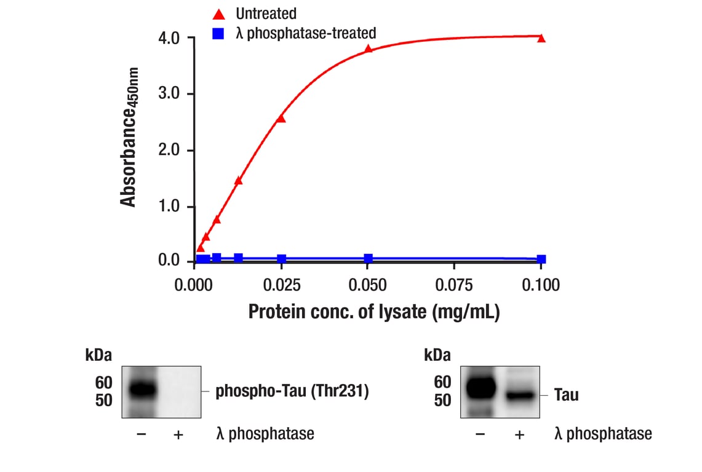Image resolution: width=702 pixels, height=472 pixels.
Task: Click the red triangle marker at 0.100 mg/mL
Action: [541, 38]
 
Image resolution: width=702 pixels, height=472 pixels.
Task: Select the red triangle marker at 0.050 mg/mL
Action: [368, 49]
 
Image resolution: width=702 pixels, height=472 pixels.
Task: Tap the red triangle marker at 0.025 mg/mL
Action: [281, 118]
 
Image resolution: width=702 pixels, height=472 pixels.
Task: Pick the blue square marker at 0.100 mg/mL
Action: [541, 259]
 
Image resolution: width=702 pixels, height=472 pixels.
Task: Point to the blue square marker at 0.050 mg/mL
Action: [368, 259]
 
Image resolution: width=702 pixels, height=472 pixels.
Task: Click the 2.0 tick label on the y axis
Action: [169, 151]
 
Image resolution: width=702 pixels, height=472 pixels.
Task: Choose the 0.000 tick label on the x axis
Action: [195, 285]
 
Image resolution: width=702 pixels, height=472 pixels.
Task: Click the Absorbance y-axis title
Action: [130, 138]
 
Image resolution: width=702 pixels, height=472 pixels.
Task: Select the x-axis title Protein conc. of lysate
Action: [373, 312]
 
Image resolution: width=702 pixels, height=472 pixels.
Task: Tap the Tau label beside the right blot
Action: [566, 395]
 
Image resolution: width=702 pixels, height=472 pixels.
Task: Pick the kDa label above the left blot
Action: [98, 355]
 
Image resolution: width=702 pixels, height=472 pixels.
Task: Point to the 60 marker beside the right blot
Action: [442, 382]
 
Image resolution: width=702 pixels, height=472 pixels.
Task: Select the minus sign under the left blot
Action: [141, 435]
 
